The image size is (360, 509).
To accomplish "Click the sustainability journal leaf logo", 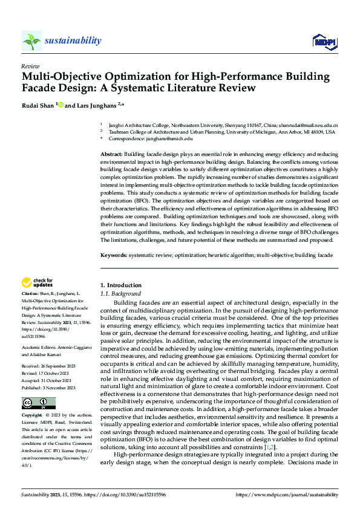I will tap(31, 41).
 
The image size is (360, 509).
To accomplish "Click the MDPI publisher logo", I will tap(324, 41).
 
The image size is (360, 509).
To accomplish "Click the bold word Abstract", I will tap(112, 155).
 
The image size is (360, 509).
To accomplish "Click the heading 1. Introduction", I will tap(120, 285).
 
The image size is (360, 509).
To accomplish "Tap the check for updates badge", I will tap(38, 282).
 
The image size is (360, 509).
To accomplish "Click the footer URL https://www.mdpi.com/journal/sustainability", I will tap(286, 494).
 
